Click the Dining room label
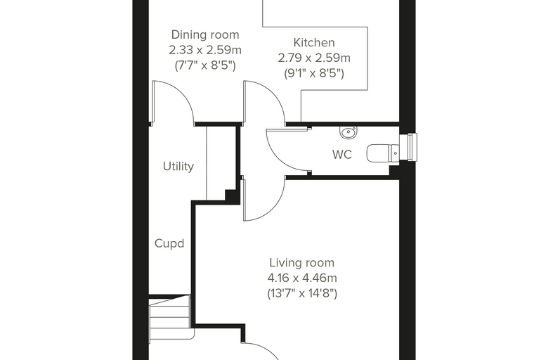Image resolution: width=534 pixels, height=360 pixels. point(205,34)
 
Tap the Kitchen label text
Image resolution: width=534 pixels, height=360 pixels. point(314,43)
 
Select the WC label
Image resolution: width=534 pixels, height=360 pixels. point(342,155)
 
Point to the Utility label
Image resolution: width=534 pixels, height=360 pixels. point(178,167)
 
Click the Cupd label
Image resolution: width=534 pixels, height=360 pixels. point(169,243)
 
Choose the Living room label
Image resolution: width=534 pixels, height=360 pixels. point(301,263)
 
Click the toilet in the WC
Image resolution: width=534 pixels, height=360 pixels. point(383,153)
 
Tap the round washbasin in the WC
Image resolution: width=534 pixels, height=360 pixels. point(348,132)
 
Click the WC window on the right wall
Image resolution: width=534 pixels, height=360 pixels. point(408,147)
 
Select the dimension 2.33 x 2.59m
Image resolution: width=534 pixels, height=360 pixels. point(205,50)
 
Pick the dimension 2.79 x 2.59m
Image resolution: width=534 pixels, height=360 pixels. point(314,58)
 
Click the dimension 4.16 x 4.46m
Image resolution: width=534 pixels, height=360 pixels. point(302,278)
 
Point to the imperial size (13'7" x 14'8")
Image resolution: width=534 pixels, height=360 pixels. point(302,293)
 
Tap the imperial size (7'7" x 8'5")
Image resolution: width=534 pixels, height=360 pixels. point(205,65)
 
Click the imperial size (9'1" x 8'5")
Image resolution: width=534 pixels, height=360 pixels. point(314,73)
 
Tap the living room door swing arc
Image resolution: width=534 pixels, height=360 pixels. point(273,207)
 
